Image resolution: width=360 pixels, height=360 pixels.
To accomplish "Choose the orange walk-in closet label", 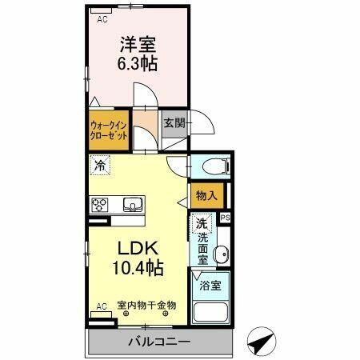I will coord(108,130).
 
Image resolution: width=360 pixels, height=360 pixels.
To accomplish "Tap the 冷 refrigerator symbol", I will coord(101,166).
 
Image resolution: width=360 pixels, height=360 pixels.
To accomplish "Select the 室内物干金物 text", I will coord(146,306).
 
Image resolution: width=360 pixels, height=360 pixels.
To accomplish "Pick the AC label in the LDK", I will coord(102,306).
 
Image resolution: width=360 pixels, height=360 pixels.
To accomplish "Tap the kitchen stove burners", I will coord(101,205).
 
